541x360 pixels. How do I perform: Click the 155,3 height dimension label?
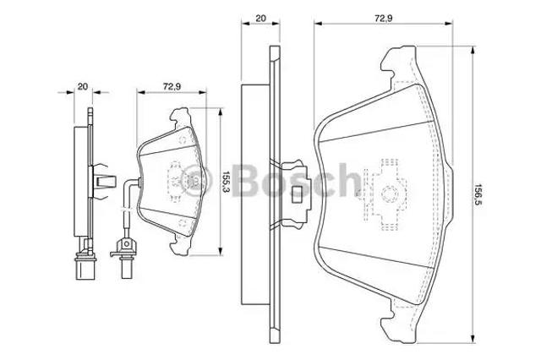226,182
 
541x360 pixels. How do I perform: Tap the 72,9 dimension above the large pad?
384,19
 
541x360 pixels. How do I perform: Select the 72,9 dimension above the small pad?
172,86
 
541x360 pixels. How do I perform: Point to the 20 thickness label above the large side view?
260,19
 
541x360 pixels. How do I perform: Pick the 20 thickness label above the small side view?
83,86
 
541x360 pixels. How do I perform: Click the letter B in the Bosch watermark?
247,180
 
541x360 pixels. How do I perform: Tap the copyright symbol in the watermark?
197,181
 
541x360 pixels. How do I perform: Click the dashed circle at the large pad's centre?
390,194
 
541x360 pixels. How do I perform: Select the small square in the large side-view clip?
297,194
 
